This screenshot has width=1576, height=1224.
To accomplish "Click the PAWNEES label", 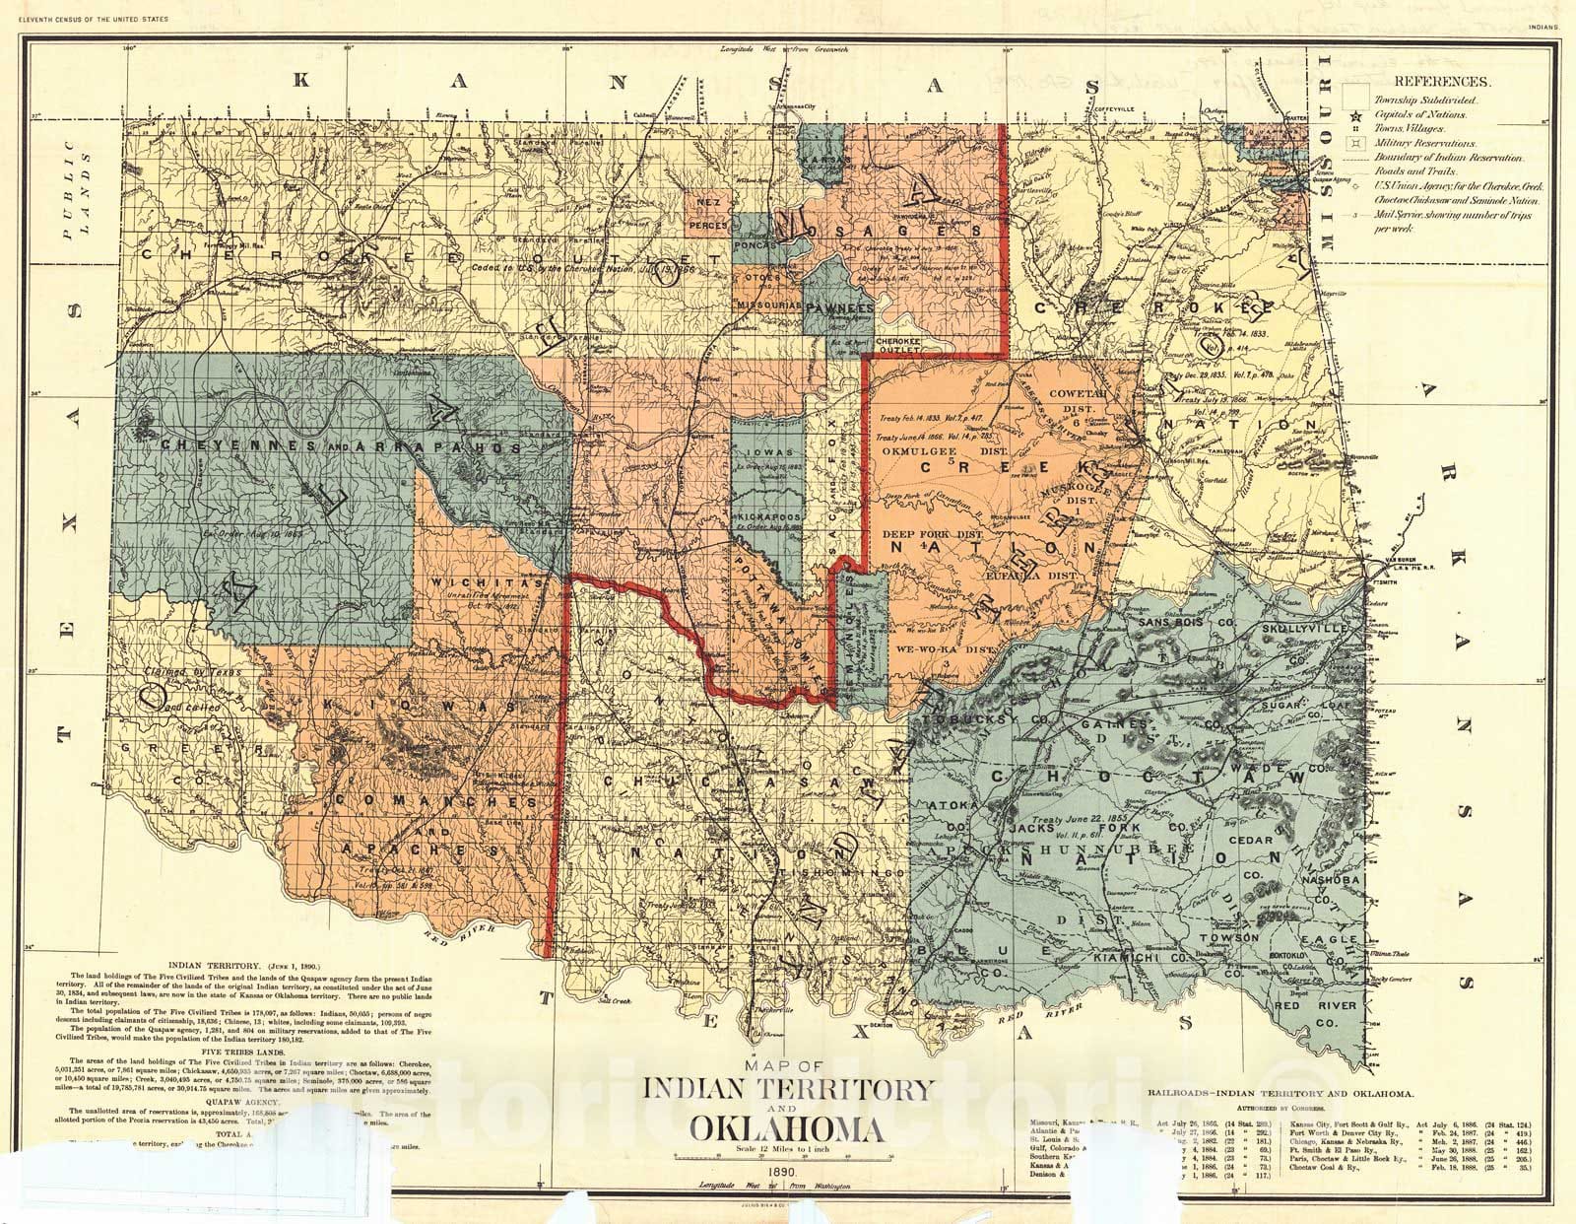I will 834,307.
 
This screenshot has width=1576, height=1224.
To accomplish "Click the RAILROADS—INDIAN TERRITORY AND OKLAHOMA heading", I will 1281,1094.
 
